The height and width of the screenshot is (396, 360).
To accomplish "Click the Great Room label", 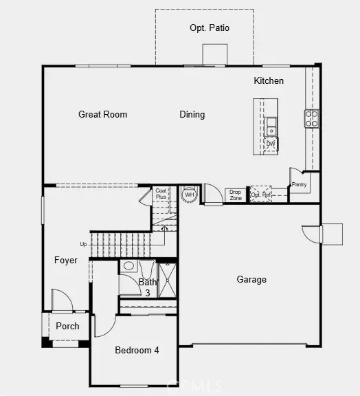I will pos(102,115).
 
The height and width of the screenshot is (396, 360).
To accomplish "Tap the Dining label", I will pos(192,115).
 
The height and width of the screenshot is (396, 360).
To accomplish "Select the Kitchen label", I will pos(269,81).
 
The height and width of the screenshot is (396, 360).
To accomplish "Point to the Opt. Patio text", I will pos(210,28).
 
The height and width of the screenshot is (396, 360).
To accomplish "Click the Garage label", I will pos(251,280).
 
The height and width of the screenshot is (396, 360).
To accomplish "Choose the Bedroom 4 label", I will pos(137,350).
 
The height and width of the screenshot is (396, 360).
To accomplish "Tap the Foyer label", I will pos(66,261).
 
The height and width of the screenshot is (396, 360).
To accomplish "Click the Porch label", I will pos(67,326).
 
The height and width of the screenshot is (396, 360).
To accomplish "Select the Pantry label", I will pos(299,184).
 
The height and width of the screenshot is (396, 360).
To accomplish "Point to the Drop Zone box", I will pos(236,195).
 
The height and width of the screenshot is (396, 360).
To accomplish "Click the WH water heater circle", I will pos(189,195).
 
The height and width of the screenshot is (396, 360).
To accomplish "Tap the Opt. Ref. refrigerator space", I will pos(261,195).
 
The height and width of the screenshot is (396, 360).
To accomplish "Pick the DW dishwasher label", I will pos(271,144).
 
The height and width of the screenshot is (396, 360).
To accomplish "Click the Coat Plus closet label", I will pos(161,194).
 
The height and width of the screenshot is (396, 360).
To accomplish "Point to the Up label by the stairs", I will pos(84,244).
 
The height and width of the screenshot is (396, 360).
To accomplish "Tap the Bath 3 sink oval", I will pos(128,266).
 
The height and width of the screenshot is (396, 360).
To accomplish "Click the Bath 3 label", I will pos(148,287).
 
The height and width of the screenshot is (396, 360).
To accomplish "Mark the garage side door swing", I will pos(311,234).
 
